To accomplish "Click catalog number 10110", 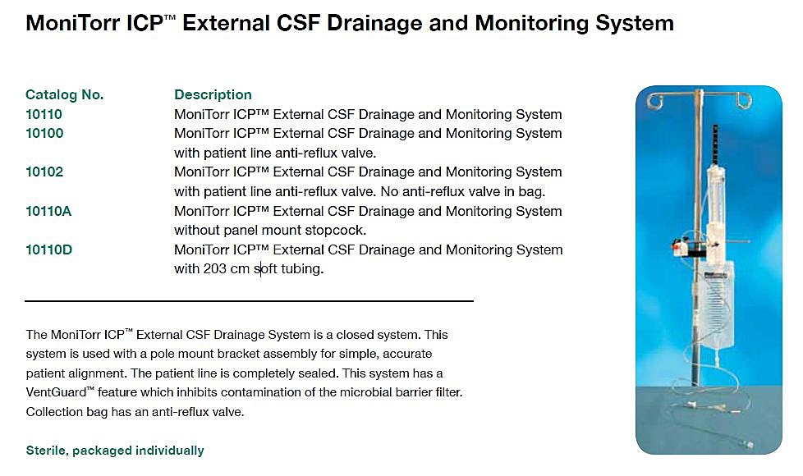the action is pyautogui.click(x=44, y=114).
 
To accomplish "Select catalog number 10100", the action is pyautogui.click(x=44, y=133).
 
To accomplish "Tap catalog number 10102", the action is pyautogui.click(x=44, y=172).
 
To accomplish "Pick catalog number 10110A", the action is pyautogui.click(x=48, y=211).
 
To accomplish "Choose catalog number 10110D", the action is pyautogui.click(x=49, y=249).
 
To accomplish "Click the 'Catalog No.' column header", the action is pyautogui.click(x=65, y=94).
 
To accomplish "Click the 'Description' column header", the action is pyautogui.click(x=213, y=94).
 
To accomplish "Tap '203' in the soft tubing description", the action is pyautogui.click(x=214, y=268).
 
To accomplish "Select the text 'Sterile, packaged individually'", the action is pyautogui.click(x=115, y=451).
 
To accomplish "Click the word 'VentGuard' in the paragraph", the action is pyautogui.click(x=57, y=392).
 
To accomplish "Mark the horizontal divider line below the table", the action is pyautogui.click(x=249, y=301).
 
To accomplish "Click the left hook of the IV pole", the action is pyautogui.click(x=655, y=99).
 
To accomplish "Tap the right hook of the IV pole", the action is pyautogui.click(x=742, y=99).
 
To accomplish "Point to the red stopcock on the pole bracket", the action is pyautogui.click(x=680, y=247).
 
